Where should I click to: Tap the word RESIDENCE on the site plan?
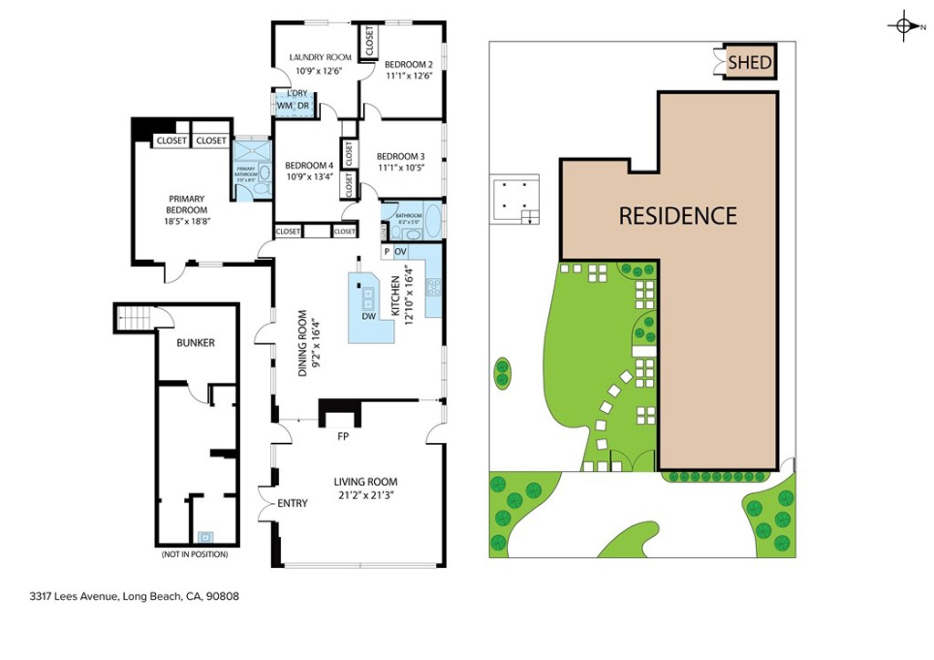click(x=678, y=216)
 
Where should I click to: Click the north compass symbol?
click(x=903, y=26)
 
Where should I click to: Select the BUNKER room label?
click(x=196, y=343)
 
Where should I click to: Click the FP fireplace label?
click(x=343, y=437)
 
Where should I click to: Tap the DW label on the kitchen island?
click(x=368, y=316)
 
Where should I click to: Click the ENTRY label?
click(x=292, y=503)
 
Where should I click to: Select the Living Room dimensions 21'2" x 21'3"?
click(x=365, y=496)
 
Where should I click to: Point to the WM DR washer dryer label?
click(x=294, y=106)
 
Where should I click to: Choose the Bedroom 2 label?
click(x=407, y=64)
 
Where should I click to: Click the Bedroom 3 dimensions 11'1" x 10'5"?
click(x=400, y=168)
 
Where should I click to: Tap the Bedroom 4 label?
click(x=308, y=165)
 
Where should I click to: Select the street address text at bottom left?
click(x=134, y=597)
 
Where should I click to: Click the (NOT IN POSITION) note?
click(x=195, y=554)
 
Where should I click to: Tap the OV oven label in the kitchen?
click(x=400, y=251)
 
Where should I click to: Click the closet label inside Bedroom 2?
click(x=369, y=41)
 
